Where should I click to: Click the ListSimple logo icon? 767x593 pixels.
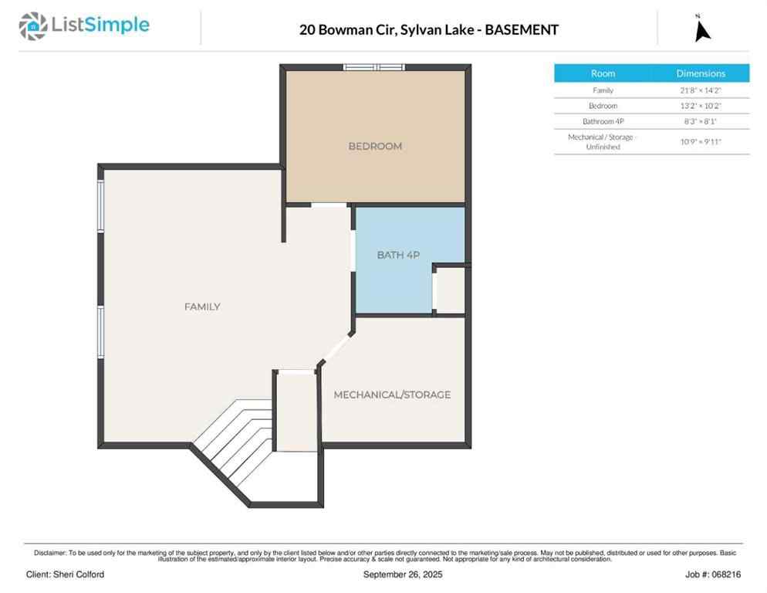pos(32,26)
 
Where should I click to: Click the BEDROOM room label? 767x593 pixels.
pos(375,146)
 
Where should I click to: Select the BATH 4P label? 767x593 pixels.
pos(398,255)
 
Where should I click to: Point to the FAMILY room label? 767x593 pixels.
pos(202,307)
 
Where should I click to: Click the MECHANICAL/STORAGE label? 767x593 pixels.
pos(392,395)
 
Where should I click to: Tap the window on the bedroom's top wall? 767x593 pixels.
pos(374,67)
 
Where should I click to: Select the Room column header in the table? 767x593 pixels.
pos(603,73)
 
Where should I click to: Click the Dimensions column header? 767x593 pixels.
pos(701,73)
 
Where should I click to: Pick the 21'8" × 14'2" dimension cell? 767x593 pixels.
pos(701,90)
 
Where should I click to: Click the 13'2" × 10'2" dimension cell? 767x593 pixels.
pos(701,106)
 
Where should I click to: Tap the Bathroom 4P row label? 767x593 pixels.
pos(603,121)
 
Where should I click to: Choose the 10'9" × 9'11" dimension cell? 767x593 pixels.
pos(701,141)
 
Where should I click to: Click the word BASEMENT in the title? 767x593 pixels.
pos(522,30)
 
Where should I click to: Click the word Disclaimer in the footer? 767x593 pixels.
pos(49,553)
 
